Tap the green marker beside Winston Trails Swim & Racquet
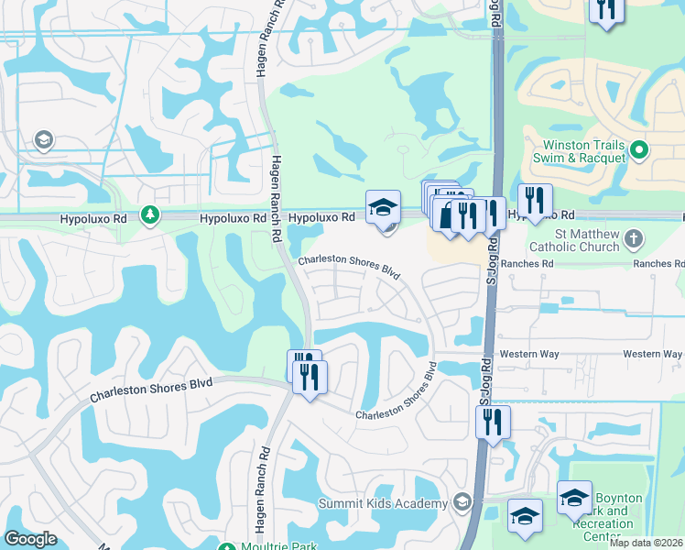640,149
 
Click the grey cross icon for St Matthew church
634,240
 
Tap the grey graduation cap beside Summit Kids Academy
462,502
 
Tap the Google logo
30,539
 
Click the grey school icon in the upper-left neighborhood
42,140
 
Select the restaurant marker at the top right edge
605,8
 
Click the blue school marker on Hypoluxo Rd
383,208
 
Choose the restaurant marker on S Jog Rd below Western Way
493,422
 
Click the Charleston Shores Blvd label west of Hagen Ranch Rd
150,390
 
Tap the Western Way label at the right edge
652,354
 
